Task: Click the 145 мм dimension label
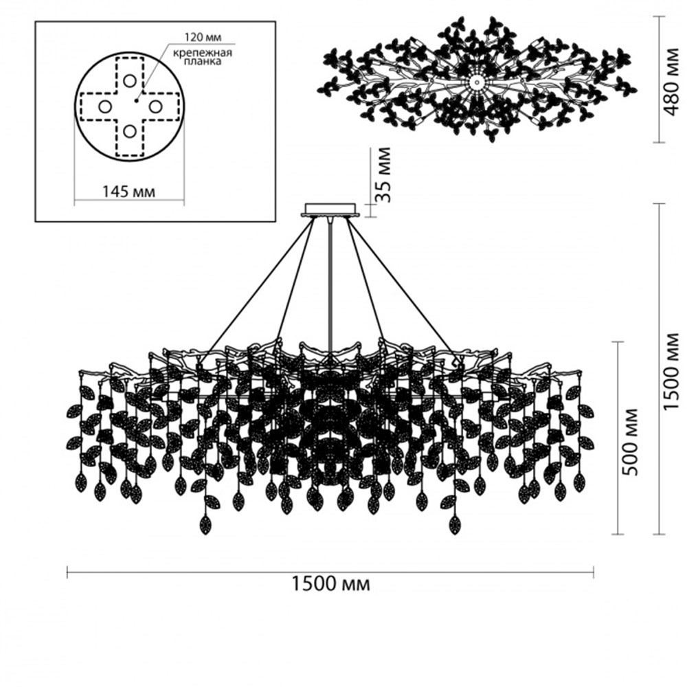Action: pyautogui.click(x=129, y=191)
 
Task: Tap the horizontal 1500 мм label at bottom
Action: pyautogui.click(x=331, y=585)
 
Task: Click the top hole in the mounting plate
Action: pyautogui.click(x=130, y=80)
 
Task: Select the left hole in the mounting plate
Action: pyautogui.click(x=104, y=106)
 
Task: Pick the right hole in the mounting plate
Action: pyautogui.click(x=155, y=106)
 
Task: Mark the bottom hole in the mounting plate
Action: pyautogui.click(x=130, y=131)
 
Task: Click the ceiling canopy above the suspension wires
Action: pyautogui.click(x=331, y=209)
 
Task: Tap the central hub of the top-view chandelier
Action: pyautogui.click(x=476, y=82)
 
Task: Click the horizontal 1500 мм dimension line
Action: pyautogui.click(x=206, y=570)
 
